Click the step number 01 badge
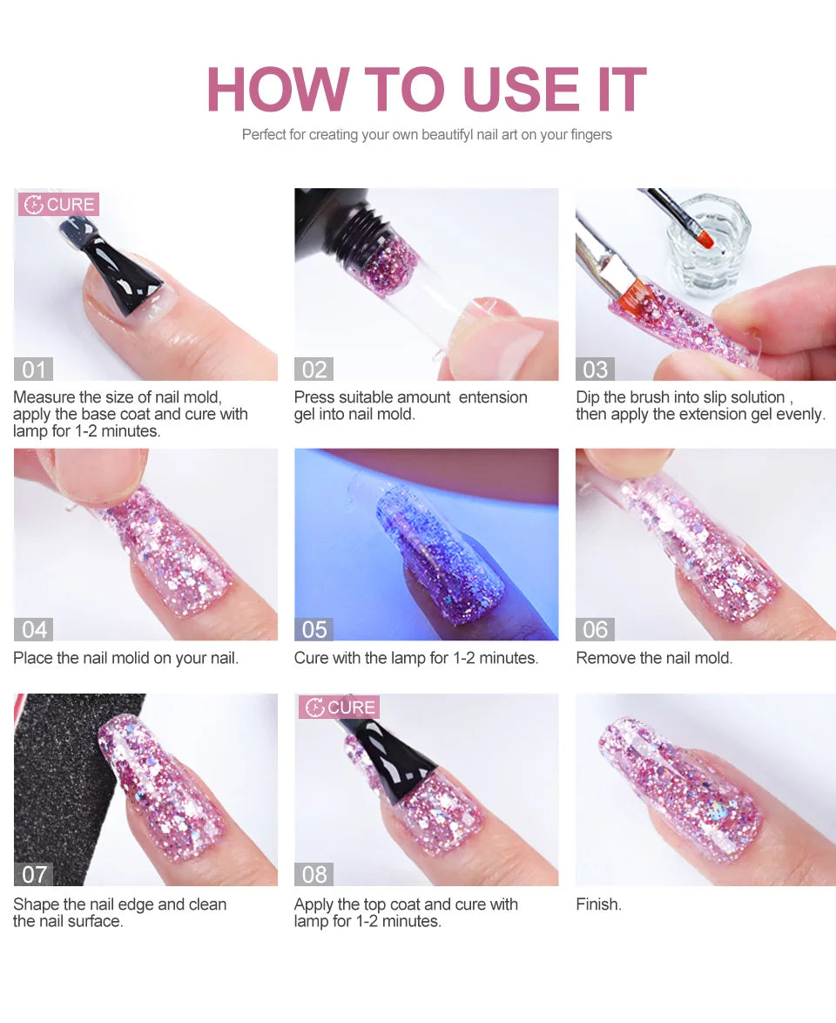point(33,369)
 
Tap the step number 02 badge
point(314,369)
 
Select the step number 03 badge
point(596,369)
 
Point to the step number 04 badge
point(33,629)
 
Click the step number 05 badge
point(314,629)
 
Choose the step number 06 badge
point(596,629)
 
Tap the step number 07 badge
point(33,874)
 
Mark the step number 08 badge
point(314,874)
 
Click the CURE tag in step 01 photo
point(58,205)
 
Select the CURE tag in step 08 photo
point(339,708)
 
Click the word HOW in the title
point(277,90)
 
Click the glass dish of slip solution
point(708,244)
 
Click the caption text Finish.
point(599,904)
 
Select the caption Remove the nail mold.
point(654,658)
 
